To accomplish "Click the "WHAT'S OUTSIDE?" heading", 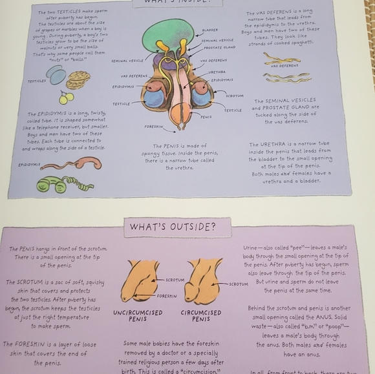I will point(172,227).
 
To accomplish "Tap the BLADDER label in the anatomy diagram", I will point(209,30).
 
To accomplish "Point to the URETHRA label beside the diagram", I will point(217,72).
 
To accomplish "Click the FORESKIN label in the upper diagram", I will point(154,127).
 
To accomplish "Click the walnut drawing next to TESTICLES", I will point(78,79).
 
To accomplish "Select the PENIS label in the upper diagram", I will point(206,117).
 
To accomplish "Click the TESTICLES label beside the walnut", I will point(37,81).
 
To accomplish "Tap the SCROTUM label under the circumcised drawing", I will point(238,284).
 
